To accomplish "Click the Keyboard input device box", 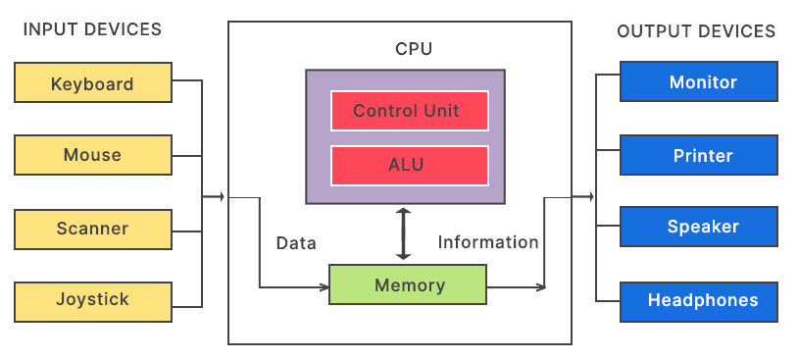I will [x=92, y=83].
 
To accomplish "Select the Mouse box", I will [x=92, y=155].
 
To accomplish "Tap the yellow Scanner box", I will [x=92, y=229].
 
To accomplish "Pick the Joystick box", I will [x=92, y=299].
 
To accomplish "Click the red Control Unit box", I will [x=406, y=110].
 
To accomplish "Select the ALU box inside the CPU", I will [x=406, y=164].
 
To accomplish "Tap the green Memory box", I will [x=409, y=285].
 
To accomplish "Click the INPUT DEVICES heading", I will [x=92, y=30].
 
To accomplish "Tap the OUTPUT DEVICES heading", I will [x=696, y=31].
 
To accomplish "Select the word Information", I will [x=488, y=242].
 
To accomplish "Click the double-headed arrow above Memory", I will [x=402, y=232].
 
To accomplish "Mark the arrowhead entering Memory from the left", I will [x=324, y=286].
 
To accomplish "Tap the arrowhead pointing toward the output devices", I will [x=589, y=197].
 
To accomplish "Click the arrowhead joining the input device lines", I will [x=221, y=197].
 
